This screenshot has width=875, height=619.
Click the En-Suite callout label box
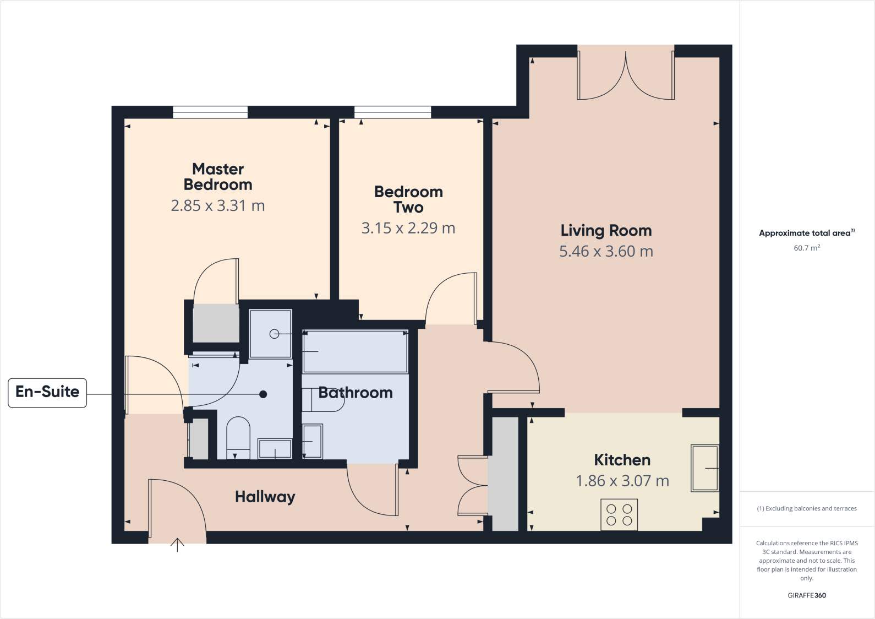click(47, 393)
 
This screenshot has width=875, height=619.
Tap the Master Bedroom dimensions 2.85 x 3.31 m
click(218, 206)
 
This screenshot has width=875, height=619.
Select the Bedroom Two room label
click(408, 199)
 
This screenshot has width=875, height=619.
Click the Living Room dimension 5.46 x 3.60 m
click(606, 252)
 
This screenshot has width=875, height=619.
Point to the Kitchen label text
click(622, 460)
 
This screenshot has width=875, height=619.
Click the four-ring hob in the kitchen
click(619, 515)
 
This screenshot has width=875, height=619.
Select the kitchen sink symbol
click(705, 468)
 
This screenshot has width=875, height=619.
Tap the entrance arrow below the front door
click(177, 545)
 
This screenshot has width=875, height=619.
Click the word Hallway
click(265, 497)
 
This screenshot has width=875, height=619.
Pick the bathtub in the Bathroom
click(355, 351)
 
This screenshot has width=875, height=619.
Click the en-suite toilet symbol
click(238, 437)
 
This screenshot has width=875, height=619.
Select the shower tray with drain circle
click(270, 334)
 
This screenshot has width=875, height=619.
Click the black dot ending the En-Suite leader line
click(263, 394)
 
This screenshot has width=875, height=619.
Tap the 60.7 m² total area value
click(807, 248)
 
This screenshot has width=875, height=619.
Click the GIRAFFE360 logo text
click(807, 595)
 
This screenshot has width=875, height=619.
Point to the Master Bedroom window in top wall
click(210, 112)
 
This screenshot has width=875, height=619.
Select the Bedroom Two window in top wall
click(393, 112)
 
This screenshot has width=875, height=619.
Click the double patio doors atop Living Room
click(626, 74)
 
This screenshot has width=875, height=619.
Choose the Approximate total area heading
click(807, 233)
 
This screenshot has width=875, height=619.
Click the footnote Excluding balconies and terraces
click(807, 508)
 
